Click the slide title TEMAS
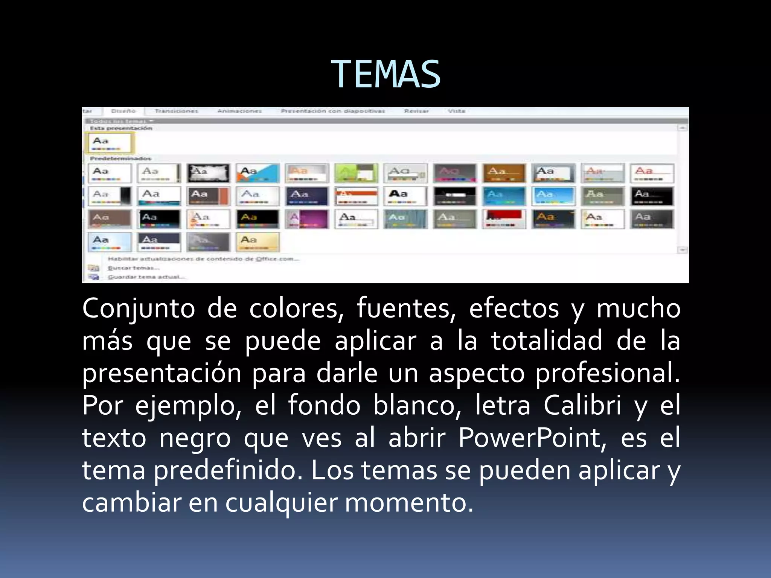pos(385,75)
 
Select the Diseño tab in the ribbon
pos(123,111)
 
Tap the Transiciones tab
pos(176,111)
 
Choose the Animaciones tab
pos(239,111)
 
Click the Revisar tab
pos(416,111)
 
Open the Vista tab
pos(456,111)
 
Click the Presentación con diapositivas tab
pos(333,111)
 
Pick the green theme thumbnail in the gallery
pos(356,173)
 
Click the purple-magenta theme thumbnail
pos(307,219)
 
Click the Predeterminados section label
pos(120,158)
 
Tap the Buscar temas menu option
pos(134,268)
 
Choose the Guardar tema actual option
pos(146,277)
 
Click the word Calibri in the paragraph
pos(582,406)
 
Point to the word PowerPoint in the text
pos(532,438)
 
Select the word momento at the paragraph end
pos(409,503)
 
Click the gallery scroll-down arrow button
pos(683,250)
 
